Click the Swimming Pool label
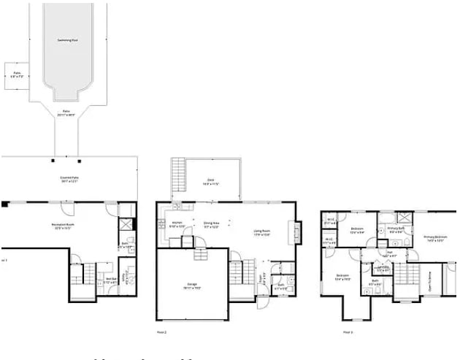click(68, 40)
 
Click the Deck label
click(210, 182)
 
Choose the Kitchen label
click(177, 223)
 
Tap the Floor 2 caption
click(162, 332)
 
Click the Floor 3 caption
click(348, 332)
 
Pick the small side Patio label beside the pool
click(17, 74)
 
